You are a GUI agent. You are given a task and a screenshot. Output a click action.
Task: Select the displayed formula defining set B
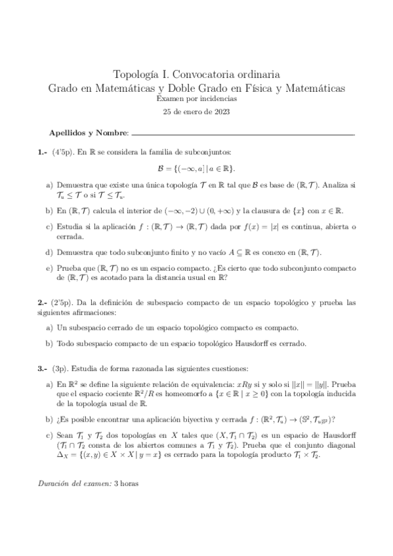(x=196, y=168)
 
